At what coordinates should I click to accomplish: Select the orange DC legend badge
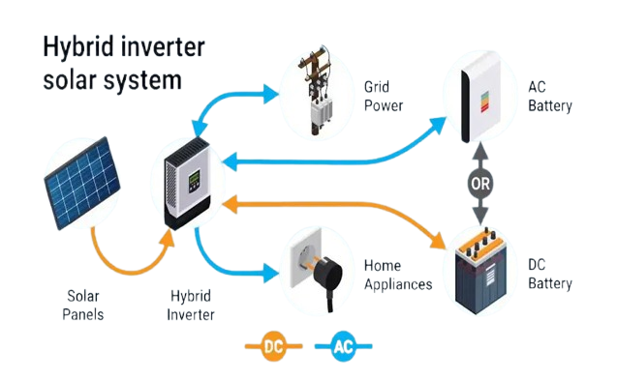coord(274,344)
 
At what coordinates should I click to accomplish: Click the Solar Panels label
coord(85,305)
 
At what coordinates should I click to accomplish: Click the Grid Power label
coord(385,97)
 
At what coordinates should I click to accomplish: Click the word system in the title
coord(143,80)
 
